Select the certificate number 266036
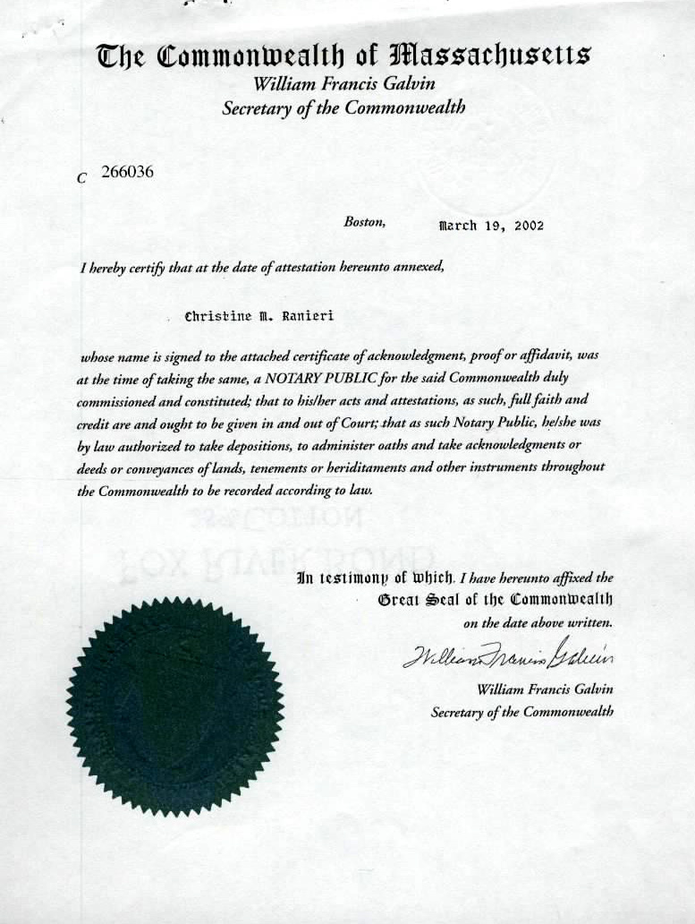point(127,173)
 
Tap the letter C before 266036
point(82,178)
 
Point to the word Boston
point(365,222)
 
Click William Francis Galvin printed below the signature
point(546,689)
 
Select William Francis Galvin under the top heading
point(344,86)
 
